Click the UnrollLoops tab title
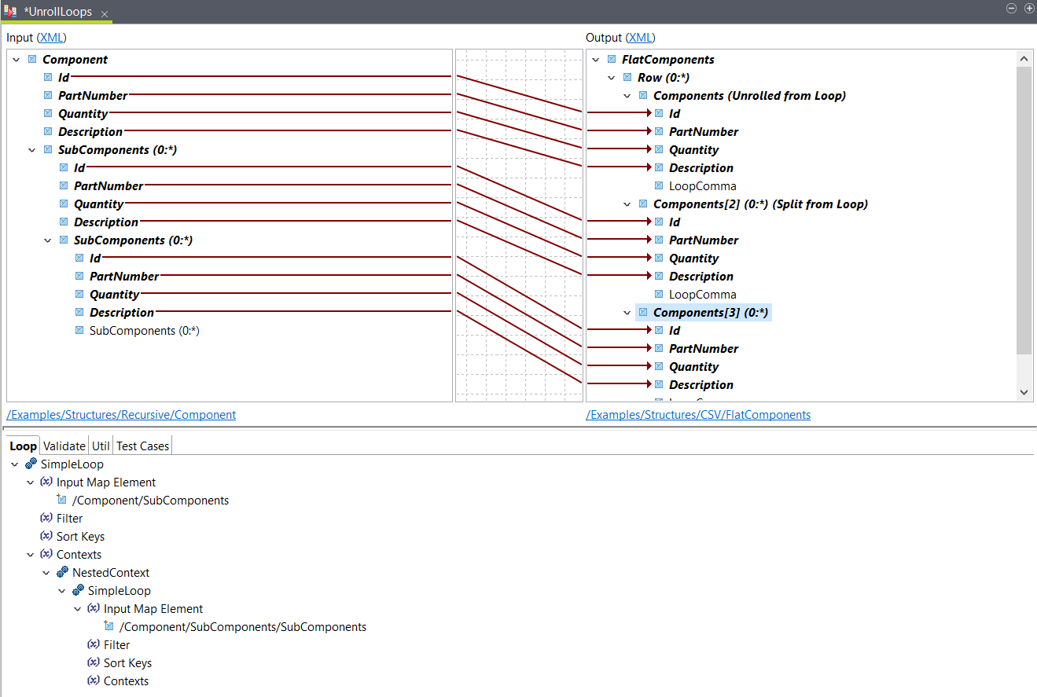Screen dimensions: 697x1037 tap(58, 12)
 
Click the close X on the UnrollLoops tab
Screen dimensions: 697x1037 tap(105, 14)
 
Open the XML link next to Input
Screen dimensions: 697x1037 tap(52, 37)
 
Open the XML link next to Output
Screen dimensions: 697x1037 tap(641, 37)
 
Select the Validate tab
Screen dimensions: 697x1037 tap(64, 446)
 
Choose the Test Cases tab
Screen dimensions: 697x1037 tap(142, 446)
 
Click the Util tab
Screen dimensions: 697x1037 tap(101, 446)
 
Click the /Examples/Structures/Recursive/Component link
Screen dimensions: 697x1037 tap(121, 414)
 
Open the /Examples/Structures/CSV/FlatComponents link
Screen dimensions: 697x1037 tap(698, 414)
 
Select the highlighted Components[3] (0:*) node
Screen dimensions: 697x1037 tap(710, 312)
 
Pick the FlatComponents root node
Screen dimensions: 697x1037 tap(667, 59)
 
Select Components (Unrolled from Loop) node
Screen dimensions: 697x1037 tap(748, 95)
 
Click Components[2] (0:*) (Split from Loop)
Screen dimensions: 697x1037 tap(759, 204)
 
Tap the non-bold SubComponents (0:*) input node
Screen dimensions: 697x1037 tap(144, 330)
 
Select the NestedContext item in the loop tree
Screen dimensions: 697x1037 tap(110, 572)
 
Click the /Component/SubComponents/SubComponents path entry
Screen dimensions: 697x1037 tap(242, 626)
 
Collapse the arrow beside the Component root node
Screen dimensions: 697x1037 tap(16, 59)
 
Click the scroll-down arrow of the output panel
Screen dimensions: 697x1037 tap(1024, 391)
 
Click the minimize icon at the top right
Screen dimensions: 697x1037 tap(1012, 8)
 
